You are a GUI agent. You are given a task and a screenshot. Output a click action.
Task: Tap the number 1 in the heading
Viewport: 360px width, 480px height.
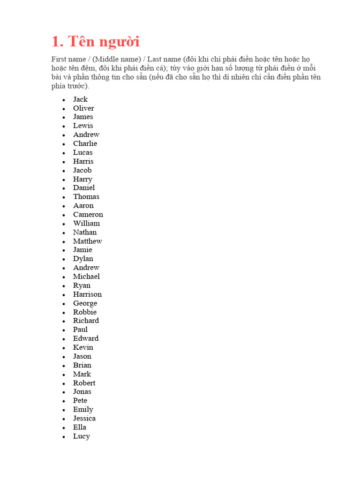55,42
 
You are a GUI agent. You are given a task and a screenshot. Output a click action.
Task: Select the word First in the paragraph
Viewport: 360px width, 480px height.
59,59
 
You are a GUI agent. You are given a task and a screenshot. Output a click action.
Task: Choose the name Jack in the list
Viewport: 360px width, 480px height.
80,99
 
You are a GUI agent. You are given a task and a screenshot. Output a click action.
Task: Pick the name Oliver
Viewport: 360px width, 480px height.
83,108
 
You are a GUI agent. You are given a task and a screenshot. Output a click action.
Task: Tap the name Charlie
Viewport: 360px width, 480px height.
85,143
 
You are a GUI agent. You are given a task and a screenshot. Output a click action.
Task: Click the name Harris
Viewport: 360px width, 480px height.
83,161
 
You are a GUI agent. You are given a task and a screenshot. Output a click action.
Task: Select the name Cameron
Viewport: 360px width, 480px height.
88,215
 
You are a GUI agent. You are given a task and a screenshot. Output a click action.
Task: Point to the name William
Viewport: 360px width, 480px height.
86,224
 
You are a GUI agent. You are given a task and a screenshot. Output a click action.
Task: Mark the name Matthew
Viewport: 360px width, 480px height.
87,241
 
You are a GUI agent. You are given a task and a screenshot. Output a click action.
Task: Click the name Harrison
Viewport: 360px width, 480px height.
87,294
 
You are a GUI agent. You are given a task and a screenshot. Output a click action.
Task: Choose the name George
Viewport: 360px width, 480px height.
85,303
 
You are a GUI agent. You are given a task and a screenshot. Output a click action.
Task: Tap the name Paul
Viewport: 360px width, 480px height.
80,330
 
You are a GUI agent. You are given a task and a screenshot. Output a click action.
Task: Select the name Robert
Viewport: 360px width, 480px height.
84,383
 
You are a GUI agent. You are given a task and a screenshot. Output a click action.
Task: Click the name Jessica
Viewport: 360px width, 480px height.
84,419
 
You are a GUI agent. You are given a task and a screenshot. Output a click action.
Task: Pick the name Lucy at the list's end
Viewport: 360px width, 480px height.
81,436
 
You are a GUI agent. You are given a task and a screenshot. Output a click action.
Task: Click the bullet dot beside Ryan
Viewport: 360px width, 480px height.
63,286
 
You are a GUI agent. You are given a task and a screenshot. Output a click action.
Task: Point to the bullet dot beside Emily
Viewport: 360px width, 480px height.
63,410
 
